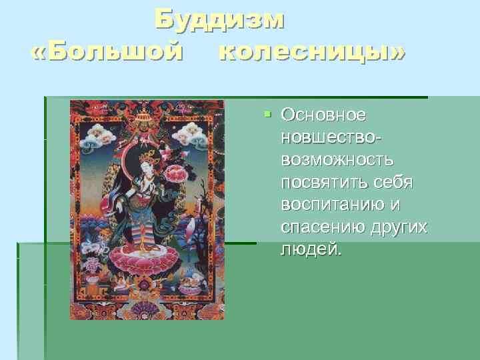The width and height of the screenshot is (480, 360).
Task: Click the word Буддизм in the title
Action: pyautogui.click(x=219, y=21)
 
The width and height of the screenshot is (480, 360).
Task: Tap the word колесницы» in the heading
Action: pyautogui.click(x=311, y=52)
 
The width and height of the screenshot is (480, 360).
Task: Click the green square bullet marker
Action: pyautogui.click(x=267, y=115)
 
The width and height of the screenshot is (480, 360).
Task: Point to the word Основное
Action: pyautogui.click(x=323, y=115)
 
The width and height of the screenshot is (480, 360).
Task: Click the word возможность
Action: pyautogui.click(x=337, y=161)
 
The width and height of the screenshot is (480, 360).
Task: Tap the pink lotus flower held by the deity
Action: pyautogui.click(x=176, y=175)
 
